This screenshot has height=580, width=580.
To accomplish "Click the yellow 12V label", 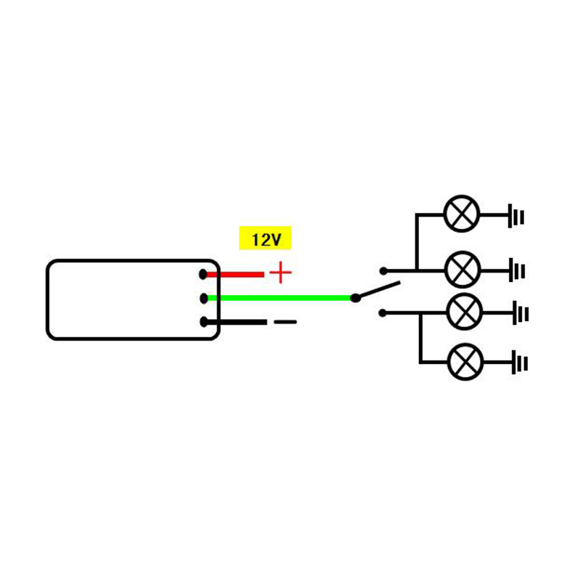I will (x=265, y=239).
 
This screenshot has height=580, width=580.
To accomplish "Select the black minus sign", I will (x=284, y=322).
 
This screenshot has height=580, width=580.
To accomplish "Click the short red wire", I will (x=236, y=274).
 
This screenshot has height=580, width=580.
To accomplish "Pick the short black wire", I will (x=236, y=322).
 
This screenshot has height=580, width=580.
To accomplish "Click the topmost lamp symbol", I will (x=462, y=215).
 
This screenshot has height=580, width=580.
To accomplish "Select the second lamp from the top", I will (x=462, y=270).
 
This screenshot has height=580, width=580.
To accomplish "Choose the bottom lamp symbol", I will (x=464, y=361).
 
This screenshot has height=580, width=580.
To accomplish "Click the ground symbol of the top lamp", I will (x=515, y=215).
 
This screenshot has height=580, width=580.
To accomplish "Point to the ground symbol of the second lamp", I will (x=517, y=270).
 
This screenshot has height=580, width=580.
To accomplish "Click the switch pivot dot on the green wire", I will (x=355, y=297).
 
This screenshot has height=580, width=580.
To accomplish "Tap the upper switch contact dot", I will (x=383, y=270).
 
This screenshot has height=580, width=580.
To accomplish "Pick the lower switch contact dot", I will (x=383, y=313).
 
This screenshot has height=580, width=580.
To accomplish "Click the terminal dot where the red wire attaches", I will (x=204, y=274).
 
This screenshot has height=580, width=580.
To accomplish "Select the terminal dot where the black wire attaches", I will (x=204, y=322).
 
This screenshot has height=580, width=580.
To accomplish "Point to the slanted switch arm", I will (x=377, y=289).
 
